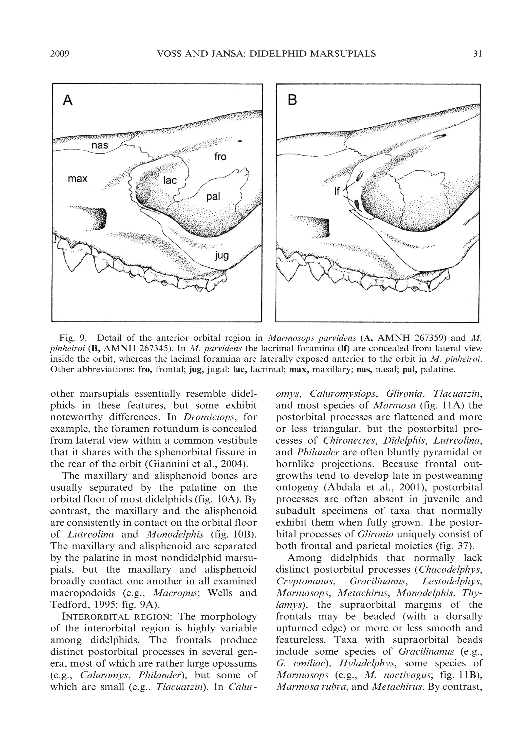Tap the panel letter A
tap(68, 100)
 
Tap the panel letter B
tap(292, 100)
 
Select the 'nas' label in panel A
tap(100, 145)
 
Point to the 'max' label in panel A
tap(78, 178)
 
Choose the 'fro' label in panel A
tap(220, 157)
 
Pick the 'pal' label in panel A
tap(213, 196)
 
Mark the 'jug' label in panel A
tap(221, 256)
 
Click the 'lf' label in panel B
tap(337, 191)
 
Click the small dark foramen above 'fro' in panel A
tap(240, 141)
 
